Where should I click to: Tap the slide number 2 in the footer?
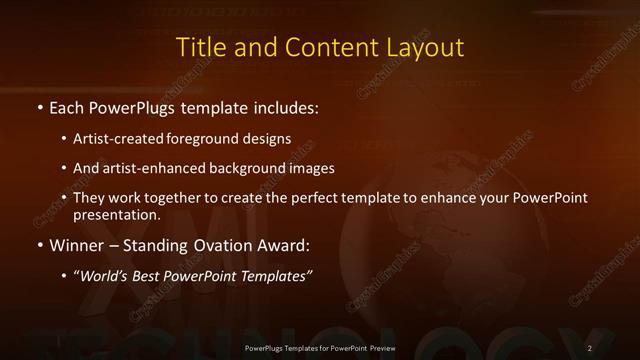pos(590,347)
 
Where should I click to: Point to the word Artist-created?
pos(118,139)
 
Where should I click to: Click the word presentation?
pos(117,214)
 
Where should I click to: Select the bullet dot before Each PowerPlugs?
pos(39,106)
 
